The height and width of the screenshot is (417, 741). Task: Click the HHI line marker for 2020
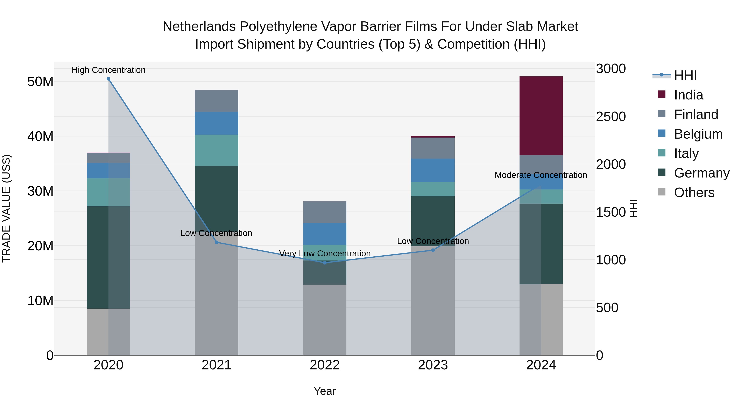click(x=108, y=79)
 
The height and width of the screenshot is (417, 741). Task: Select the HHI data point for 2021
click(x=217, y=242)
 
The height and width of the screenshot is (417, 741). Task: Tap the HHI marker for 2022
click(x=325, y=263)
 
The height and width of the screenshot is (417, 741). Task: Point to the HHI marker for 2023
click(x=433, y=250)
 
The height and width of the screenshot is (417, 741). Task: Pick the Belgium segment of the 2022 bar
click(x=325, y=234)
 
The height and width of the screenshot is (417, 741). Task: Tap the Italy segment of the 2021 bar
click(x=217, y=150)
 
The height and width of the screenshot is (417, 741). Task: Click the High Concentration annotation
click(x=108, y=70)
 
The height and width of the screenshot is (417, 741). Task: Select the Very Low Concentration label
click(x=325, y=253)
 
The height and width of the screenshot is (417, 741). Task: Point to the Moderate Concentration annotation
click(x=541, y=175)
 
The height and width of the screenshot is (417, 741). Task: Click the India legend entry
click(x=688, y=95)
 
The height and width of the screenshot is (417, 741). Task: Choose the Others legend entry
click(x=694, y=193)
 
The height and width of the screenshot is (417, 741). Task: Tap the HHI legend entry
click(x=685, y=75)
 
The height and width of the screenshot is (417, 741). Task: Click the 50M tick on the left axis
click(x=40, y=82)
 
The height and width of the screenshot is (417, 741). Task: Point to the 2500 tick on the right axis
click(x=611, y=117)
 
